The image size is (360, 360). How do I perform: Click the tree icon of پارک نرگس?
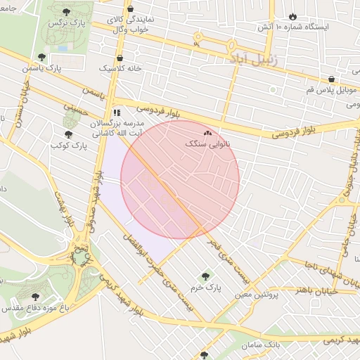(x=67, y=12)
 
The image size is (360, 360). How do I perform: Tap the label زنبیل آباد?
(x=254, y=58)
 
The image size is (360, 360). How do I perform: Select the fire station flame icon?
(x=292, y=15)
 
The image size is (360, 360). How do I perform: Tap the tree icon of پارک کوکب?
(x=69, y=133)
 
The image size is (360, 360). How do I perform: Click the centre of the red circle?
(x=180, y=180)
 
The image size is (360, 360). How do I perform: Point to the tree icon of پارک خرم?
(x=205, y=276)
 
